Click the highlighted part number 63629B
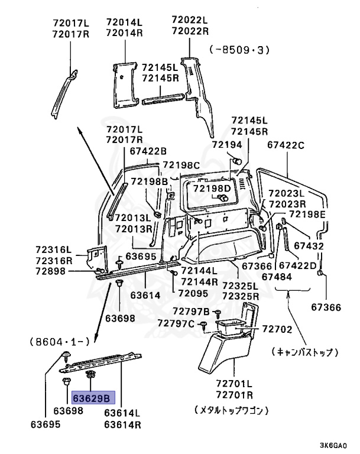[x=94, y=398]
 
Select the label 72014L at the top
[x=124, y=22]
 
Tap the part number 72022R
[x=190, y=31]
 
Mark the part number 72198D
[x=213, y=188]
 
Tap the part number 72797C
[x=176, y=323]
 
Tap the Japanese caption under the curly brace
[x=304, y=352]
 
